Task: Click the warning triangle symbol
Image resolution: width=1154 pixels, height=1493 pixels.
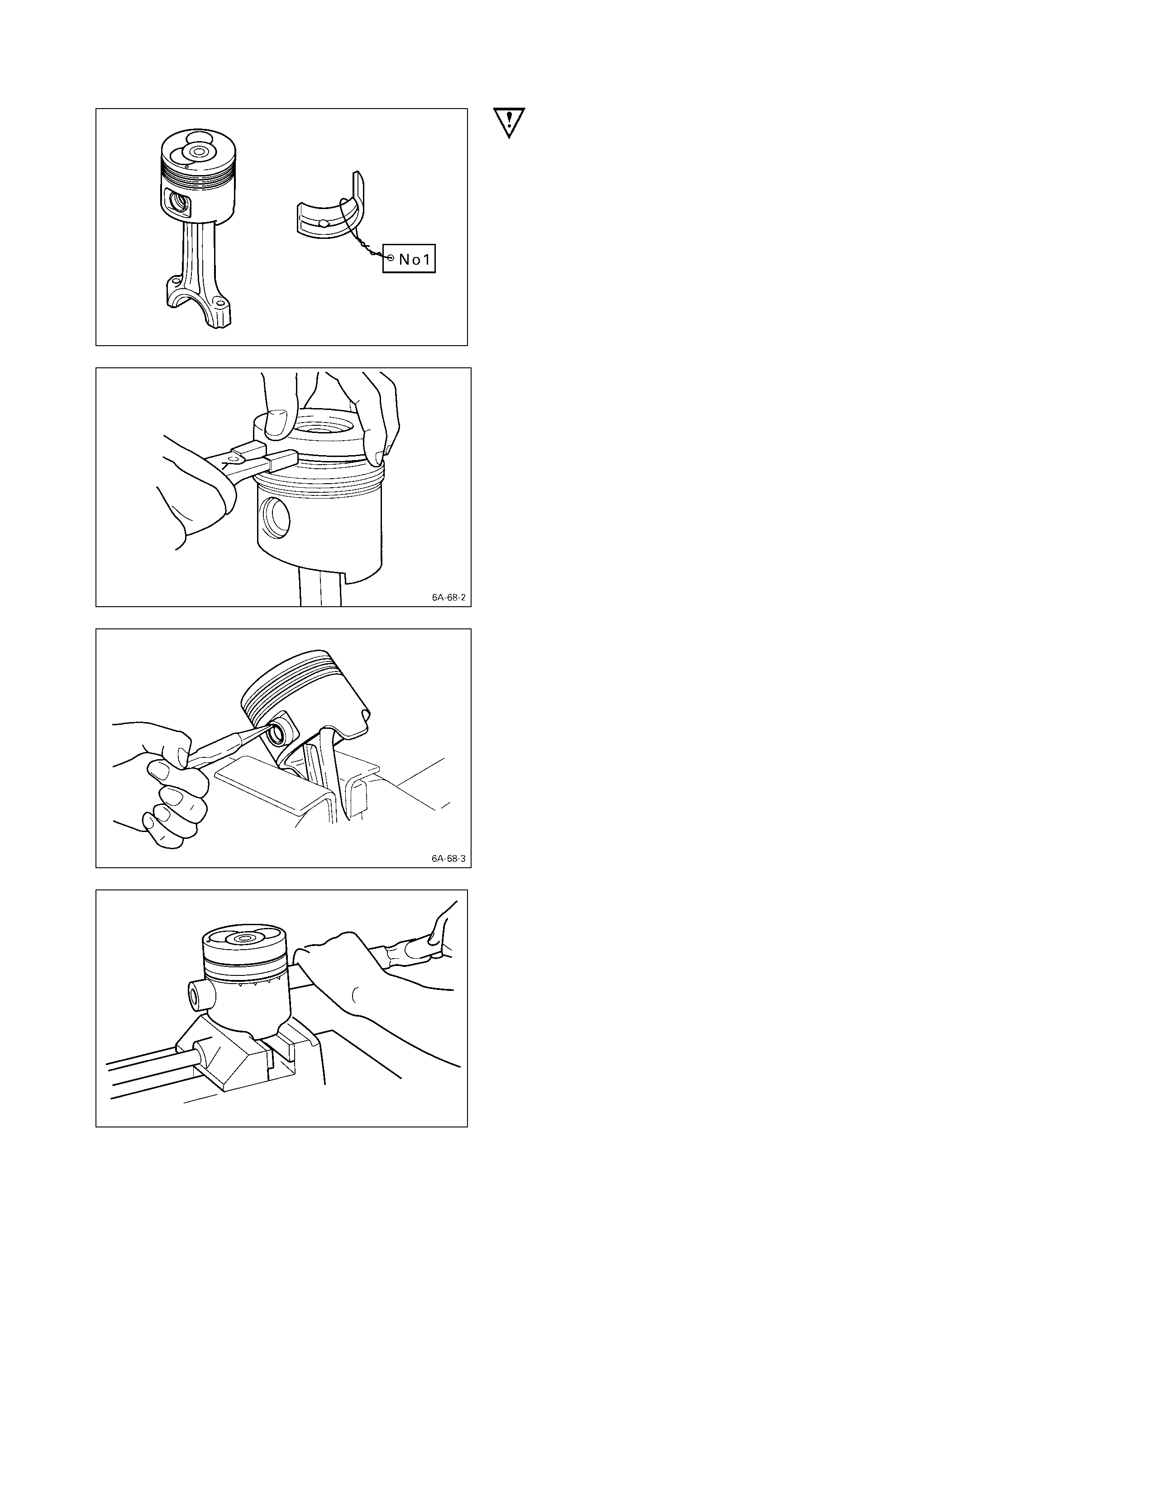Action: click(509, 122)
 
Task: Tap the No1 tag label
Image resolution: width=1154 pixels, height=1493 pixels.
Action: click(409, 259)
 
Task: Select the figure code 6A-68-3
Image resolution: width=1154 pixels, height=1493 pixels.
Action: click(448, 858)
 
